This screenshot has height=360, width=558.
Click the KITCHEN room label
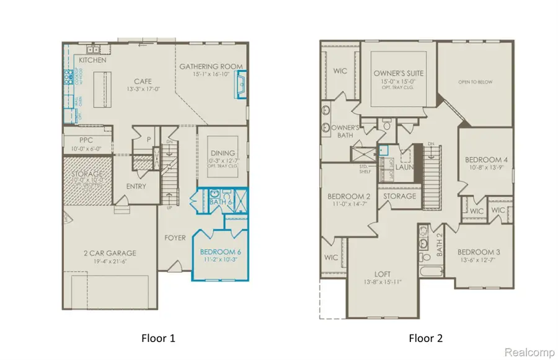click(x=92, y=60)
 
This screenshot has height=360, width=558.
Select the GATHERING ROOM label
click(x=211, y=67)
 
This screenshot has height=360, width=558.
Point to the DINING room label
click(x=223, y=153)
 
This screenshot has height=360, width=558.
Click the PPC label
click(x=86, y=141)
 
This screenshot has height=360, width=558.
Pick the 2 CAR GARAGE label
click(x=110, y=253)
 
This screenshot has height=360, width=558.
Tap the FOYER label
click(x=175, y=237)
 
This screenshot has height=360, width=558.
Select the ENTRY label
click(x=136, y=187)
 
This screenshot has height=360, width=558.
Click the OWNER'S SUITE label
click(x=398, y=73)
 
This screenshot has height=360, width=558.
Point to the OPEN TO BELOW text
click(x=476, y=81)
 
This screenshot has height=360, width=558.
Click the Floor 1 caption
click(x=157, y=338)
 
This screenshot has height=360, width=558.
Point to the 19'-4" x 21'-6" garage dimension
click(x=110, y=262)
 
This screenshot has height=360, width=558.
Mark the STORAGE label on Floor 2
click(x=400, y=196)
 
